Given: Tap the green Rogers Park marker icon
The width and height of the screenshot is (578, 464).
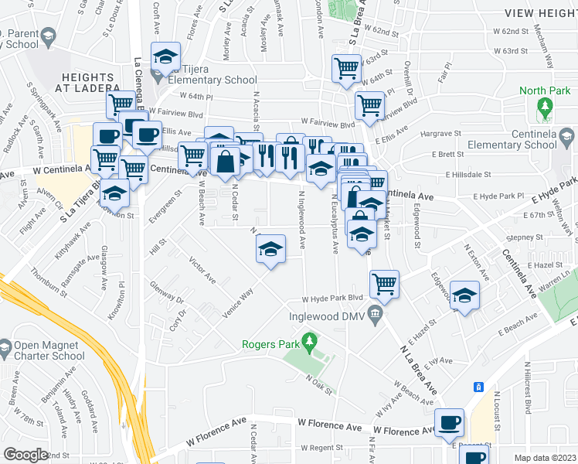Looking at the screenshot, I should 310,340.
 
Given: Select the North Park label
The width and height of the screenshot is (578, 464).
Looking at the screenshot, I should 545,91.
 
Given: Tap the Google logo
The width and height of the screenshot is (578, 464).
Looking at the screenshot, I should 25,455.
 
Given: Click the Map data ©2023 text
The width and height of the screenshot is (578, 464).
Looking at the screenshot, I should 545,458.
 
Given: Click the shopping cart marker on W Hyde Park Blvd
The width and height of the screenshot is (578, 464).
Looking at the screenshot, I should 384,285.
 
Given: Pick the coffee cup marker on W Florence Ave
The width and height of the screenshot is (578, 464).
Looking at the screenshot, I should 449,422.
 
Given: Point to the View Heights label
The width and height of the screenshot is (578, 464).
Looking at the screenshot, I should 540,14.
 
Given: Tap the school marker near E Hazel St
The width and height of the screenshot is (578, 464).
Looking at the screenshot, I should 464,296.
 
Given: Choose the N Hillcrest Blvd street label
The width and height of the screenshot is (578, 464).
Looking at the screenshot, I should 528,384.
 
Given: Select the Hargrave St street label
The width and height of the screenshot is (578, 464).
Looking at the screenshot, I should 440,133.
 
